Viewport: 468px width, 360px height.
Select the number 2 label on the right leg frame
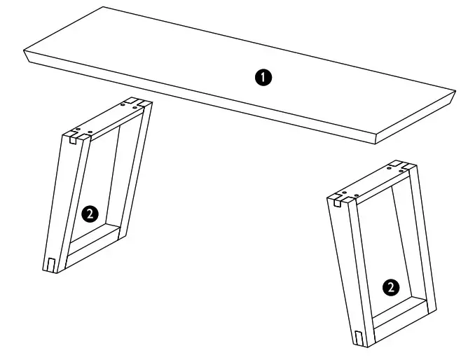[392, 286]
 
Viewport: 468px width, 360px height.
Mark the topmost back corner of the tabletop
[104, 8]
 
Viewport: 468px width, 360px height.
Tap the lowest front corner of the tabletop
[376, 144]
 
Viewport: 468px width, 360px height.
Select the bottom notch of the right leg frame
[358, 338]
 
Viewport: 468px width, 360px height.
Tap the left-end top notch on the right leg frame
[336, 201]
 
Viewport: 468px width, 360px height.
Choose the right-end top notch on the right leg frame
[404, 166]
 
